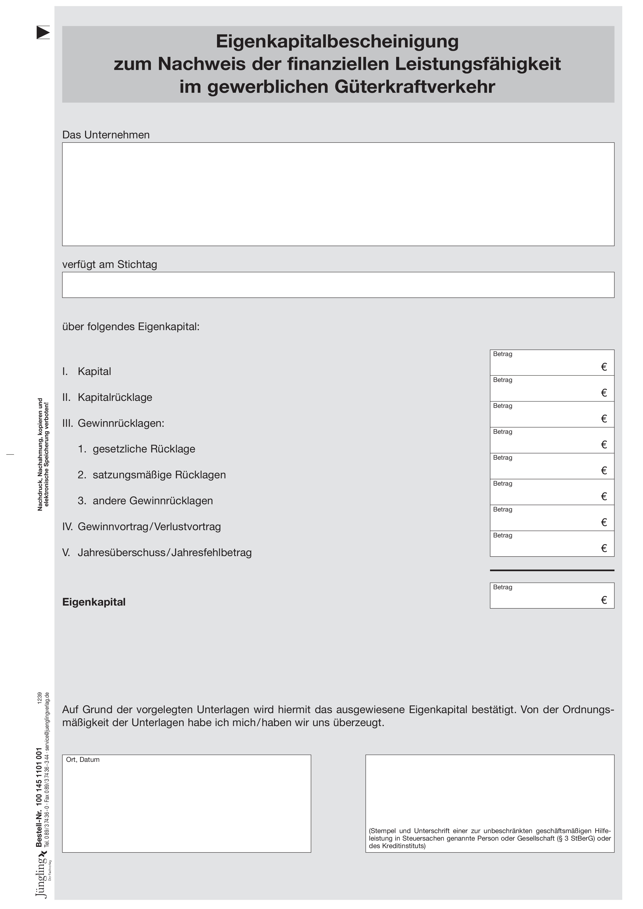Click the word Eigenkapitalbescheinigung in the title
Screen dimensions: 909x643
(337, 41)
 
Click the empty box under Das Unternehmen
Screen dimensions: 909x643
(338, 194)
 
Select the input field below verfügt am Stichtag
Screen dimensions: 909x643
(338, 285)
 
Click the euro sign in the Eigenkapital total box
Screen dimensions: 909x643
(604, 600)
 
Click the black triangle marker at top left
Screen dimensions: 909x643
(43, 32)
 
